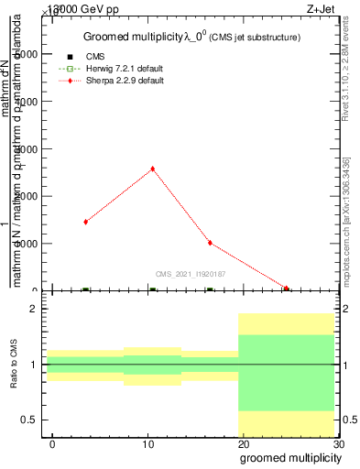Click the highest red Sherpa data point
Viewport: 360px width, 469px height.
[152, 169]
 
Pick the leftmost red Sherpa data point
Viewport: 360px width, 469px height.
[85, 222]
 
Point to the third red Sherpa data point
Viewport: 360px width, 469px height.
[210, 243]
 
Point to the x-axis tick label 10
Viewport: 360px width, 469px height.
[147, 444]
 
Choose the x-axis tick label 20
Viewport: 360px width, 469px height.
[243, 444]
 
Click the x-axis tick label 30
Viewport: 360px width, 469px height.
[338, 444]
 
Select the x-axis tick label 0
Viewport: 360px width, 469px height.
[52, 444]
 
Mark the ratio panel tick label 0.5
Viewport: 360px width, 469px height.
[29, 420]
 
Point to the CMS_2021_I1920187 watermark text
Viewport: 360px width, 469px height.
[190, 274]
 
